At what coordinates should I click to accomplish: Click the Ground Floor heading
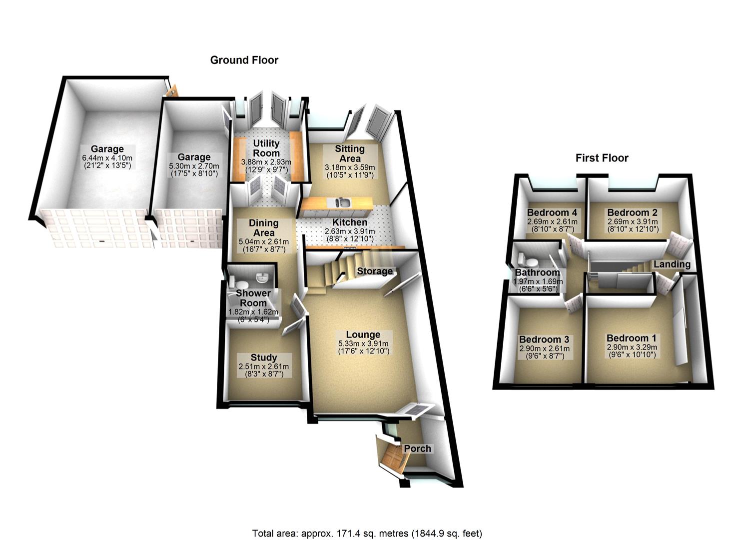pos(244,60)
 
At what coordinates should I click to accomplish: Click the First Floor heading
pos(602,158)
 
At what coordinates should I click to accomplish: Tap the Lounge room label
pos(363,334)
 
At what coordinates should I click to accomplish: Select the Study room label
pos(264,357)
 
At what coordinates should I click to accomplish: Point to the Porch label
pos(417,448)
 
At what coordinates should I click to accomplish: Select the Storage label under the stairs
pos(375,271)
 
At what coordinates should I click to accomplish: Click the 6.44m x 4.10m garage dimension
pos(107,158)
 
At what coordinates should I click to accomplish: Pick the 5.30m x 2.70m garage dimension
pos(194,165)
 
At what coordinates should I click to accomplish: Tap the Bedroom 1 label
pos(632,338)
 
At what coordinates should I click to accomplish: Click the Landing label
pos(672,264)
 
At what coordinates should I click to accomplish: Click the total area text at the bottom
pos(367,533)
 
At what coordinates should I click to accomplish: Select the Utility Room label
pos(266,148)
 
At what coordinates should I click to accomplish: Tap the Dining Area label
pos(263,227)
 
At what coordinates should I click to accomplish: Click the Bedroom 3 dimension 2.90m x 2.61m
pos(544,348)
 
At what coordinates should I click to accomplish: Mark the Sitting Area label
pos(350,153)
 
